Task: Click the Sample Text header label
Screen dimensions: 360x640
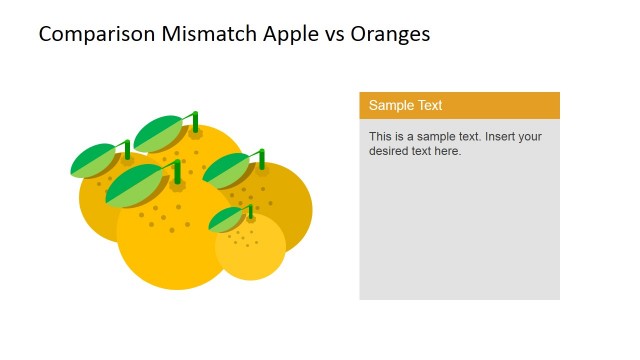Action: coord(405,105)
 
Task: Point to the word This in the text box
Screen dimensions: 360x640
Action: coord(381,136)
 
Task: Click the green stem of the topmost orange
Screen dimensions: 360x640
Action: coord(195,121)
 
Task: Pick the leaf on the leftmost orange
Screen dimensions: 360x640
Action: coord(94,160)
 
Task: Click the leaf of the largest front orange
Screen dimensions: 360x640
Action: coord(134,186)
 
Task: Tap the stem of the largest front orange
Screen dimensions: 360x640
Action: coord(178,171)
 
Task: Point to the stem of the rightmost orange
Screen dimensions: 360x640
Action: coord(262,158)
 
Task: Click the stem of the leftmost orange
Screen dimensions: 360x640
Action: coord(127,150)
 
